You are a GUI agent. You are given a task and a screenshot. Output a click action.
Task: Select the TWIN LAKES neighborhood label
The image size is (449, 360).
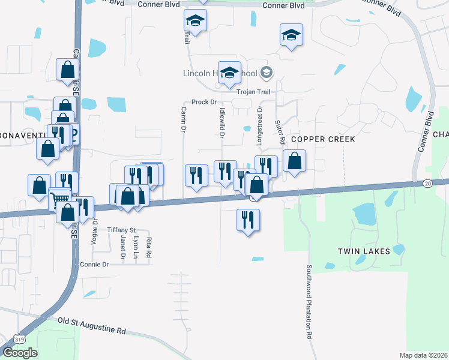click(x=364, y=251)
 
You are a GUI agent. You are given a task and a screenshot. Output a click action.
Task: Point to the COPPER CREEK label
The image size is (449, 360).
click(x=323, y=139)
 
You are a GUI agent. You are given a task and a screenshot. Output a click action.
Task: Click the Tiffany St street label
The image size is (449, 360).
click(x=122, y=230)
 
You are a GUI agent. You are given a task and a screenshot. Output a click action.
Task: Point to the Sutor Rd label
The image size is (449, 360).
click(x=280, y=131)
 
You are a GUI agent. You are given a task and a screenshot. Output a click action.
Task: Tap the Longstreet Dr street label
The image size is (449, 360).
click(x=260, y=122)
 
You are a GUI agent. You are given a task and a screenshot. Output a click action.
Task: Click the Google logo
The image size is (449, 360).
click(x=20, y=352)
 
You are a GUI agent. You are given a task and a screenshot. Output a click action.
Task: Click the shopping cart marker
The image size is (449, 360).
click(x=59, y=200)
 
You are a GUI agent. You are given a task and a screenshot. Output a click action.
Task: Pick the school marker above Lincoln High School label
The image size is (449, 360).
click(x=229, y=73)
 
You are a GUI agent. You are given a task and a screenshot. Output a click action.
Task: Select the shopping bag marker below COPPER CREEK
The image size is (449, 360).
click(x=294, y=161)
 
